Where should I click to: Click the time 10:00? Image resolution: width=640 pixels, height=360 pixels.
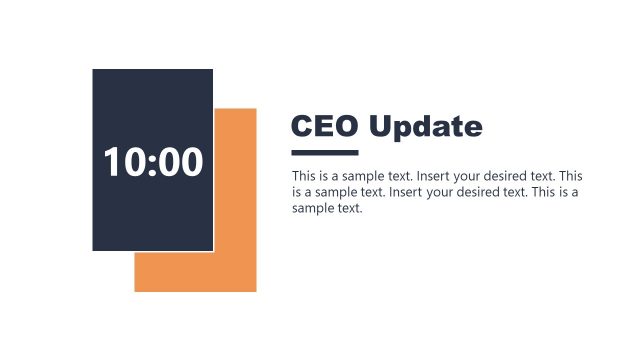click(153, 162)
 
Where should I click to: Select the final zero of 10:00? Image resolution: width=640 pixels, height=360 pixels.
click(189, 162)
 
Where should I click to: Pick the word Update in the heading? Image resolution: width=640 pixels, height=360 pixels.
click(425, 127)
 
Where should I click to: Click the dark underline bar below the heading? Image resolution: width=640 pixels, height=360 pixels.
click(324, 153)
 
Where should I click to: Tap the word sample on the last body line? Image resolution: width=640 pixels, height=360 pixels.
click(315, 209)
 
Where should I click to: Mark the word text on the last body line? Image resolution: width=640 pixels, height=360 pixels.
click(350, 208)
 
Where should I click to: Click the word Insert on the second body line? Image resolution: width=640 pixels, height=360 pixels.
click(405, 192)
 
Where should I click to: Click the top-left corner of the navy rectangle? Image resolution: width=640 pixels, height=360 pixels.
click(93, 70)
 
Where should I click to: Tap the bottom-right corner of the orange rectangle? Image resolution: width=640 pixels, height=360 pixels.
click(255, 291)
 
